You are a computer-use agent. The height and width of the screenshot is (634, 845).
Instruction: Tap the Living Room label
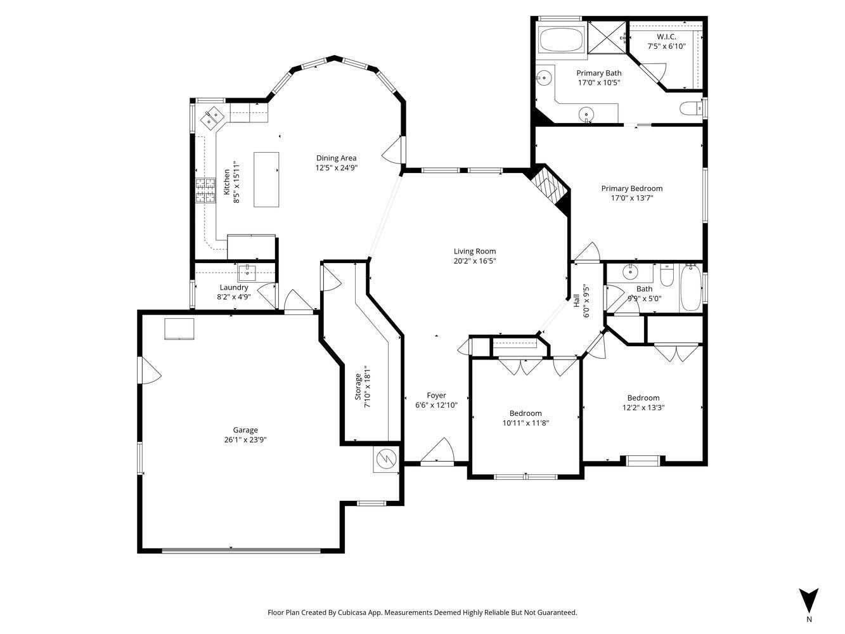pyautogui.click(x=474, y=251)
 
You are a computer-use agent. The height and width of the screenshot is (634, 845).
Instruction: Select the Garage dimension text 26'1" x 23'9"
pyautogui.click(x=245, y=439)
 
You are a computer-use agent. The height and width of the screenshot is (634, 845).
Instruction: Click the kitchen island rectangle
pyautogui.click(x=266, y=179)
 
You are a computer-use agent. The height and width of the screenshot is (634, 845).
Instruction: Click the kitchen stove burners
pyautogui.click(x=205, y=190)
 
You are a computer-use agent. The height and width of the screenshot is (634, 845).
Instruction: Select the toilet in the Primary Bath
pyautogui.click(x=690, y=108)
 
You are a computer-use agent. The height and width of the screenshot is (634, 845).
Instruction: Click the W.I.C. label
pyautogui.click(x=666, y=37)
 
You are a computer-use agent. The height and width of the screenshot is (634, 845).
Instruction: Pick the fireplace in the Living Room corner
pyautogui.click(x=548, y=188)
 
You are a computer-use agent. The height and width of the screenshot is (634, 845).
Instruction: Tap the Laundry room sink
pyautogui.click(x=247, y=273)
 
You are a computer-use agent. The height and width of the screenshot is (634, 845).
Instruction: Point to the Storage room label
pyautogui.click(x=358, y=385)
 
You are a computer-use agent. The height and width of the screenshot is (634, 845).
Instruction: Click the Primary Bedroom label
pyautogui.click(x=631, y=188)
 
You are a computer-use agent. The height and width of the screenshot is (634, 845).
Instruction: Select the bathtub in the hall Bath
pyautogui.click(x=690, y=288)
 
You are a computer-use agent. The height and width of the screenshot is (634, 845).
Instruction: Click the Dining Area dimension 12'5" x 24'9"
pyautogui.click(x=336, y=168)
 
